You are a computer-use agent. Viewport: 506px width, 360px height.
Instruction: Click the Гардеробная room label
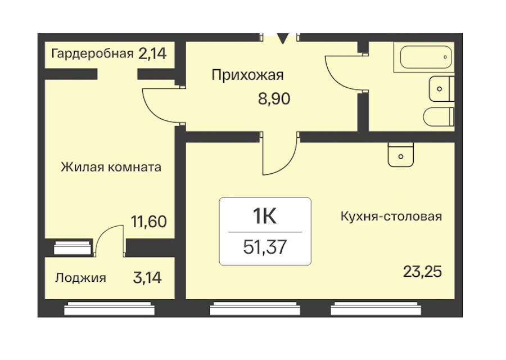pyautogui.click(x=92, y=53)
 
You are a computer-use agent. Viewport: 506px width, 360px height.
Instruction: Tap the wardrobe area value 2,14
pyautogui.click(x=152, y=53)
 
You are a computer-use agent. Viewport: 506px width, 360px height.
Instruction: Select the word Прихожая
pyautogui.click(x=247, y=75)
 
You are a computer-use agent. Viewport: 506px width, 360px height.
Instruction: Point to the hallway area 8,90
pyautogui.click(x=274, y=98)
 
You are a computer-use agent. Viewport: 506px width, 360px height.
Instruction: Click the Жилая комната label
pyautogui.click(x=111, y=167)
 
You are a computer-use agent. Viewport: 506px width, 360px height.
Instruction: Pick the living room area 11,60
pyautogui.click(x=149, y=222)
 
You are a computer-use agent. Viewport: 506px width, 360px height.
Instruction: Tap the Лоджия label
pyautogui.click(x=80, y=278)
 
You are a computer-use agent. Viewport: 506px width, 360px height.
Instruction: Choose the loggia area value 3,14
pyautogui.click(x=147, y=278)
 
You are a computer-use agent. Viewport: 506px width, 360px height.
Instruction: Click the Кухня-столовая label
pyautogui.click(x=391, y=216)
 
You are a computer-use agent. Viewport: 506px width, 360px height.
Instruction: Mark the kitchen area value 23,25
pyautogui.click(x=422, y=272)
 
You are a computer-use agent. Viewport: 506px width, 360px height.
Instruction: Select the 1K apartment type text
pyautogui.click(x=265, y=216)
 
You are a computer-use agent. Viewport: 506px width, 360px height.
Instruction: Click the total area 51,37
pyautogui.click(x=265, y=247)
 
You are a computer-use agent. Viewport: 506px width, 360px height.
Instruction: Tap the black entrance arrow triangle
pyautogui.click(x=283, y=38)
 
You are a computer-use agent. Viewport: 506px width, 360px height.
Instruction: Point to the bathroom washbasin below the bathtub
pyautogui.click(x=441, y=89)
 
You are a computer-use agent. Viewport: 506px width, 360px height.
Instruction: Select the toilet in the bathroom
pyautogui.click(x=439, y=117)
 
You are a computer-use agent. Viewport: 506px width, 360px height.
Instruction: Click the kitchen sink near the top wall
pyautogui.click(x=401, y=155)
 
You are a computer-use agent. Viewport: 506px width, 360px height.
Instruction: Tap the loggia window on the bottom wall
pyautogui.click(x=110, y=308)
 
